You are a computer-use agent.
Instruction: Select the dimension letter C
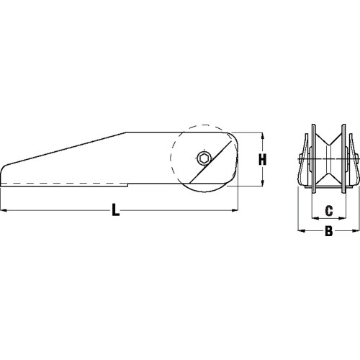[x=328, y=191]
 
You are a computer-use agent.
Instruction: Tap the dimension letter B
[x=328, y=212]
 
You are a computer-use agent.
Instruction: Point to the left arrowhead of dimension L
[x=4, y=191]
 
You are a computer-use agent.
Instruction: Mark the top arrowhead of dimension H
[x=253, y=135]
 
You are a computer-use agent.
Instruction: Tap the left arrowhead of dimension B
[x=301, y=212]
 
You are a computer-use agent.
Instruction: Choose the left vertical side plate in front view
[x=312, y=158]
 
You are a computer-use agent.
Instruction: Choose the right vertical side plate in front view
[x=344, y=158]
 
